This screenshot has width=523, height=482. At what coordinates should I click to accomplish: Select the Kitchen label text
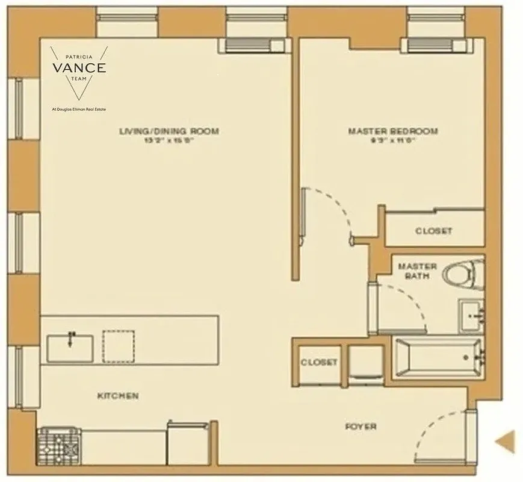coord(118,396)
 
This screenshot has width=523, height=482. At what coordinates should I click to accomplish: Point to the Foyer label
coord(361,427)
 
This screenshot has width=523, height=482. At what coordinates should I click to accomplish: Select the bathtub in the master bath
coord(438,358)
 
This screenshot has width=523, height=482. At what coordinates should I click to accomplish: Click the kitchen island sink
coord(70,347)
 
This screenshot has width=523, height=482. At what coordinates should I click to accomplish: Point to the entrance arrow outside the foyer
coord(504,441)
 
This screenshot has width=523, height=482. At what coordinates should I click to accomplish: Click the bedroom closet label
coord(433,231)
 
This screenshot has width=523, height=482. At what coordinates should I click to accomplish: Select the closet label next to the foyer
coord(319,363)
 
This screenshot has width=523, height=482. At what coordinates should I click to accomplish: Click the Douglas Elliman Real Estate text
coord(79,110)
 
